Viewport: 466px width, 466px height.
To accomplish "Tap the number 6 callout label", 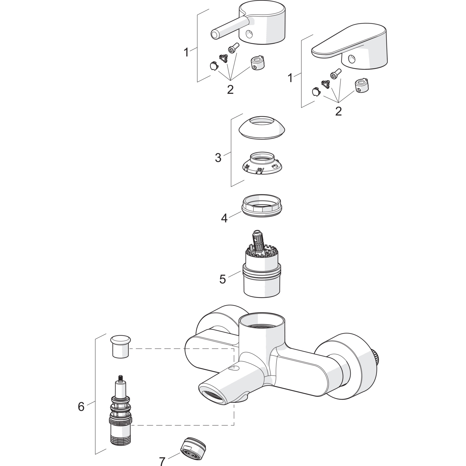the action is (81, 406).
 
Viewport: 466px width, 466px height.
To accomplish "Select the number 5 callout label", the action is (222, 279).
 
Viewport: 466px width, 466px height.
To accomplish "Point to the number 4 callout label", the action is (224, 218).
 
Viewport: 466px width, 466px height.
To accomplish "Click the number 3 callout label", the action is (218, 158).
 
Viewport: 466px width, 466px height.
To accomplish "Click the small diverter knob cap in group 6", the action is (121, 347).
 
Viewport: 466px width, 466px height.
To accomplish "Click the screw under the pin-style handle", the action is (233, 48).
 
